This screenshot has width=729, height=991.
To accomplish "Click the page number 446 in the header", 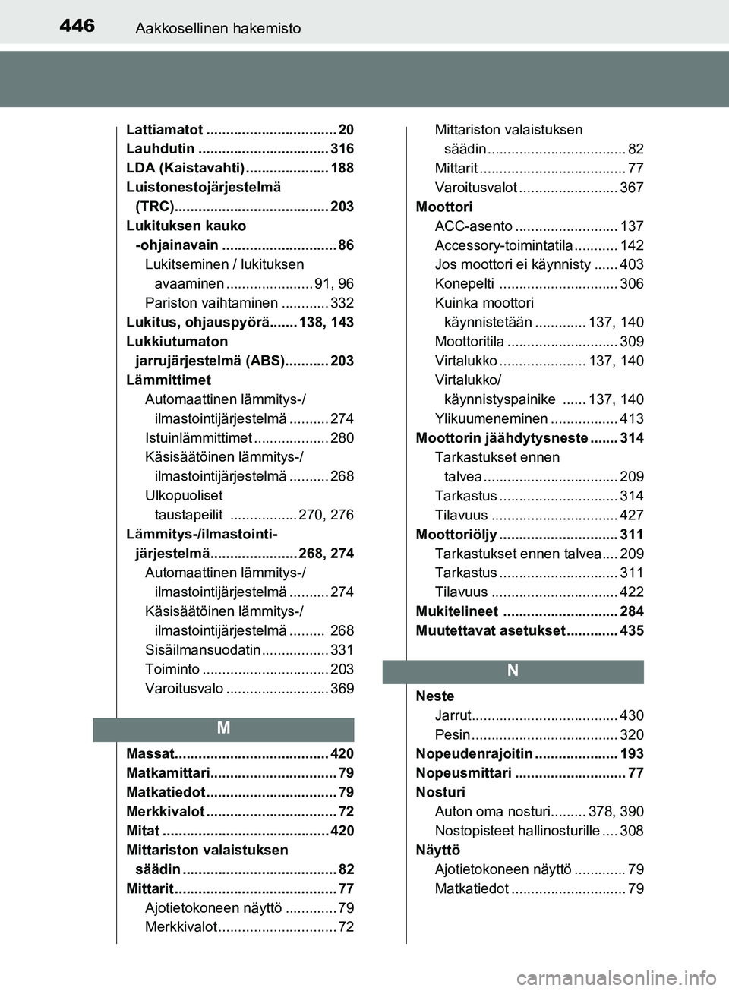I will point(77,27).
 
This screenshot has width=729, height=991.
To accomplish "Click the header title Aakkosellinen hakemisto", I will point(218,29).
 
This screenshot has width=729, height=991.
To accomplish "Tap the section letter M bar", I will point(223,728).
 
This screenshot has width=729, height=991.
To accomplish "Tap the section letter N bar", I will point(513,671).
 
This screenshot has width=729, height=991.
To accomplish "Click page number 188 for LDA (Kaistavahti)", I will point(342,168).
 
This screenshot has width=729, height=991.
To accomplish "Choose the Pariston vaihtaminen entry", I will point(211,303).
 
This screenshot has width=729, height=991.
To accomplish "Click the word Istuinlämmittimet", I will point(198,438).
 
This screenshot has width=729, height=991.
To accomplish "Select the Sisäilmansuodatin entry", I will point(203,650).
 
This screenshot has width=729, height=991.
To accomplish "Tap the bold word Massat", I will point(150,754).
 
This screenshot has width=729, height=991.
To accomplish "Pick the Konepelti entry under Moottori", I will point(464,284).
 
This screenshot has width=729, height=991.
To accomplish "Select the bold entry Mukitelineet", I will point(456,611).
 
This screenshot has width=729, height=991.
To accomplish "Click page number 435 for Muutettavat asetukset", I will point(631,631).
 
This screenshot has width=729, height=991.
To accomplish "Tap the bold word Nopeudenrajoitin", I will point(474,754).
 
